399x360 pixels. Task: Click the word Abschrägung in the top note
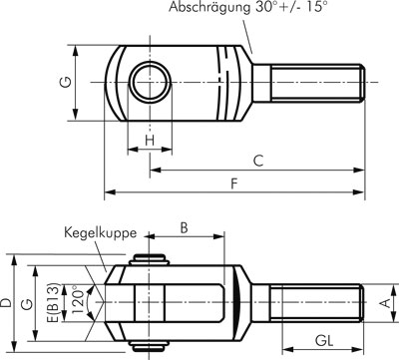(x=209, y=7)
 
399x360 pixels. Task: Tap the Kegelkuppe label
(x=101, y=233)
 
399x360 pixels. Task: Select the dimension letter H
(x=151, y=141)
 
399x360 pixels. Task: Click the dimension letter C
(x=258, y=161)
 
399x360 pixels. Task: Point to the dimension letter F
(x=234, y=183)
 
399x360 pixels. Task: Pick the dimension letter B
(x=184, y=228)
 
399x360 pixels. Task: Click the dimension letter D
(x=6, y=302)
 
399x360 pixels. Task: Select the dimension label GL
(x=324, y=341)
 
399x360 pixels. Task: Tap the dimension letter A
(x=385, y=303)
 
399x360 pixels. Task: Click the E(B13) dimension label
(x=54, y=302)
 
